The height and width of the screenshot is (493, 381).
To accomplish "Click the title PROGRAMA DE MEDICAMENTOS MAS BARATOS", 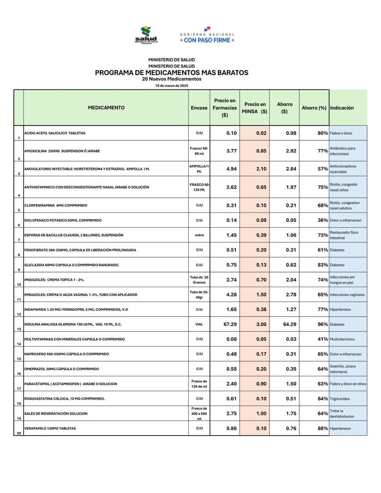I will click(x=172, y=73).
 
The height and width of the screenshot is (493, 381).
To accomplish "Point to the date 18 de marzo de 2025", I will click(x=172, y=86).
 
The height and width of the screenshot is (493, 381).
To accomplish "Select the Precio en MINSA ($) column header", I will click(x=254, y=108).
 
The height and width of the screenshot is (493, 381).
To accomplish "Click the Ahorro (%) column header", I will click(x=314, y=108).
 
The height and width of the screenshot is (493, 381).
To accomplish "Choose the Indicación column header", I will click(x=342, y=108).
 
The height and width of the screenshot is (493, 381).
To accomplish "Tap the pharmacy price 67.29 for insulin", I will click(x=230, y=324).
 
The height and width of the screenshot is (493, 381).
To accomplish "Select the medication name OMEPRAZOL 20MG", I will click(x=61, y=369).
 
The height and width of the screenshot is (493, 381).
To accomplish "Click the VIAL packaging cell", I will click(x=199, y=324).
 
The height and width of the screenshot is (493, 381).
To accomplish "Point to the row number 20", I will click(x=19, y=433).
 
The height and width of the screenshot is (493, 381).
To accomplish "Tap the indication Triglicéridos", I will click(x=340, y=399).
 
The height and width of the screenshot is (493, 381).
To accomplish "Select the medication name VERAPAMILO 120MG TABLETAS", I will click(x=50, y=428).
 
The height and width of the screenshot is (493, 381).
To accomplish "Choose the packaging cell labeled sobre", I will click(x=199, y=235).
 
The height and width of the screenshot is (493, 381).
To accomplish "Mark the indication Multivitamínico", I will click(x=342, y=339).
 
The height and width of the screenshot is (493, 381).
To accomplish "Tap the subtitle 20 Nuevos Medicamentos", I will click(x=172, y=79).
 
